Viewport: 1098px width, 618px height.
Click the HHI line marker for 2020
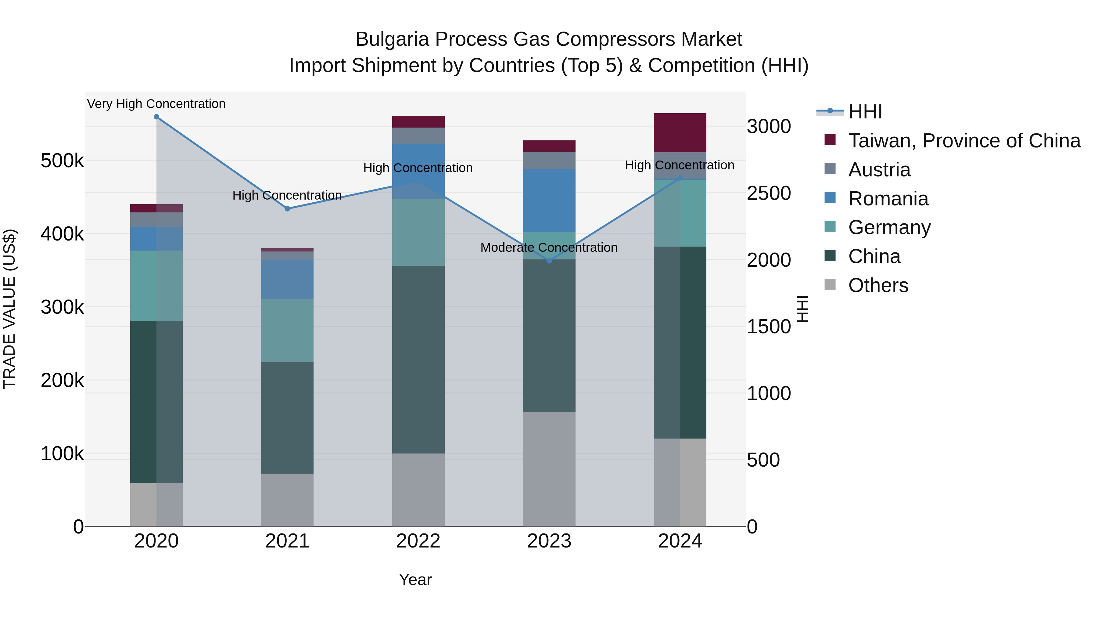pos(156,117)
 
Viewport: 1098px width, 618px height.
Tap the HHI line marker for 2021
pos(287,208)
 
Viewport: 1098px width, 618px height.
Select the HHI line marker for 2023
pos(549,261)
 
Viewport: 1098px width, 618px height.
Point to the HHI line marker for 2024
pos(680,178)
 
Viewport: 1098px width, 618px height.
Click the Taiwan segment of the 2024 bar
pos(680,133)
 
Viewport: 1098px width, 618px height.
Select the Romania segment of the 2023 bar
pos(549,201)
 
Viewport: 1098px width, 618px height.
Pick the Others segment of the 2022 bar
pos(418,490)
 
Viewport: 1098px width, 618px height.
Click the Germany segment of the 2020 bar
pos(156,286)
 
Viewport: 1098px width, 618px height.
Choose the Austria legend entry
pos(879,170)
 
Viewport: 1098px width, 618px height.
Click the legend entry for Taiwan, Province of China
pos(964,141)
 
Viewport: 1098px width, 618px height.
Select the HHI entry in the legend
pos(865,112)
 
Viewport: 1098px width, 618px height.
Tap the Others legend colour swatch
pos(830,284)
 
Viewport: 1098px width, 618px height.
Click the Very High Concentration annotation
pos(156,104)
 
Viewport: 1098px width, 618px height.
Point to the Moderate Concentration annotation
pos(549,248)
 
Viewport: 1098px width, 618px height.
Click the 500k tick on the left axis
pos(62,161)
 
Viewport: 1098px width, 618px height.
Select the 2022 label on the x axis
pos(418,541)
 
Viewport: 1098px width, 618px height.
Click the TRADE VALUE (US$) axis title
pos(9,309)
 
